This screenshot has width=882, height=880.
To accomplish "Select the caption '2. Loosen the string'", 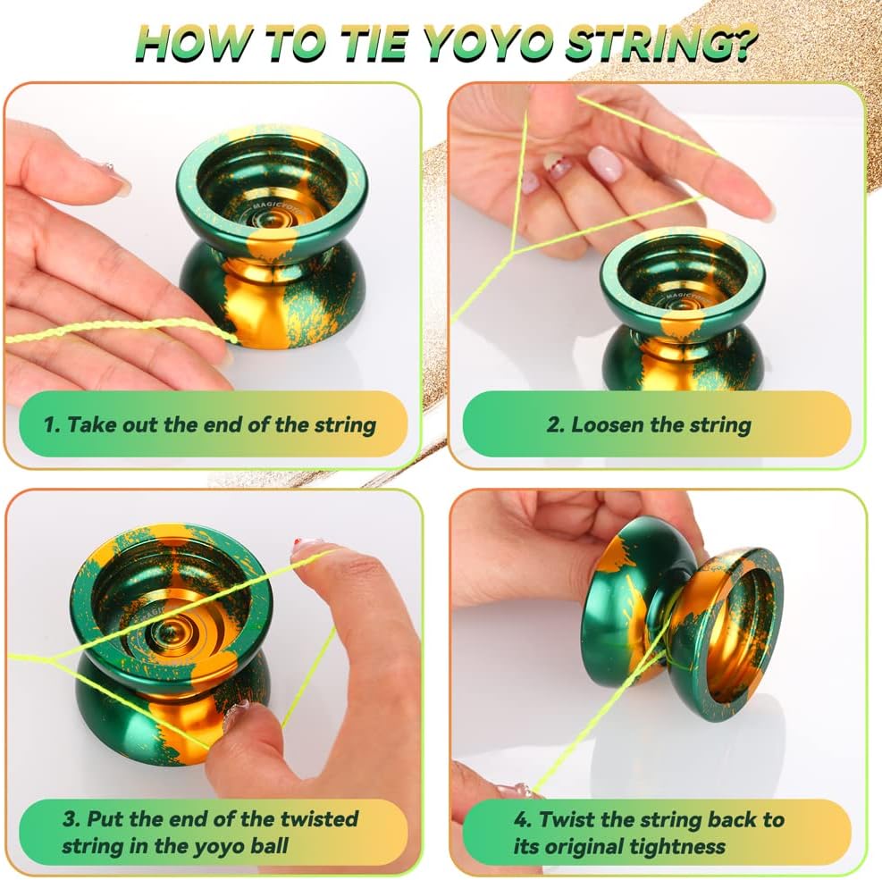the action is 649,425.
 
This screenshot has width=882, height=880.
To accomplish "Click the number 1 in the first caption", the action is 49,424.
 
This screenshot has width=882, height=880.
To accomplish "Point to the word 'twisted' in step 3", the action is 319,818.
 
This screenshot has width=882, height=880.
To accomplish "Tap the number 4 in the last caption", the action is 521,819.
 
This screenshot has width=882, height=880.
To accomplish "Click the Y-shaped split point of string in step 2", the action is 513,254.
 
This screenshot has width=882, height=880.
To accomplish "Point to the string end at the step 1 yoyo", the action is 232,339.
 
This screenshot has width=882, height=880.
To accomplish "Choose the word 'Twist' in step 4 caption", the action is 566,819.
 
